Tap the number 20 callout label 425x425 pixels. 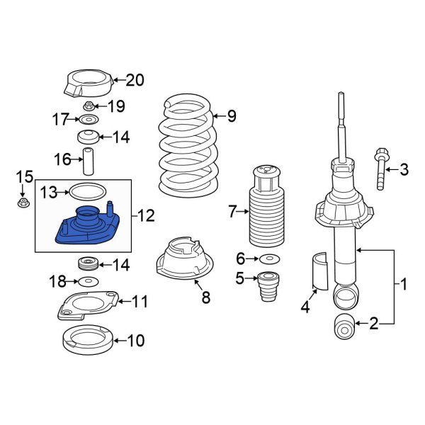[x=134, y=80]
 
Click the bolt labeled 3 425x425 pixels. [x=382, y=171]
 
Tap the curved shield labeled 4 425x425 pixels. [x=318, y=271]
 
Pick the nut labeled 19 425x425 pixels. [x=89, y=106]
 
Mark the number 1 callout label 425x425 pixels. [x=404, y=285]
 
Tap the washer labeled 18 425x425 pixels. [x=87, y=282]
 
